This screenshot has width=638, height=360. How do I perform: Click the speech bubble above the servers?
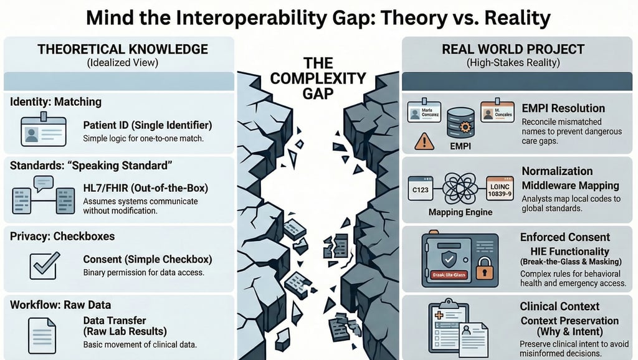[x=43, y=182]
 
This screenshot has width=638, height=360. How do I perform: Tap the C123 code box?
[x=420, y=187]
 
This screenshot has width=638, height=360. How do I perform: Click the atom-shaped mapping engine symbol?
[x=459, y=187]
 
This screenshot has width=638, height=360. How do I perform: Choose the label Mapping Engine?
[x=460, y=212]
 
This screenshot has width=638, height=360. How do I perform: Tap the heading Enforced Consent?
[x=564, y=237]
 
